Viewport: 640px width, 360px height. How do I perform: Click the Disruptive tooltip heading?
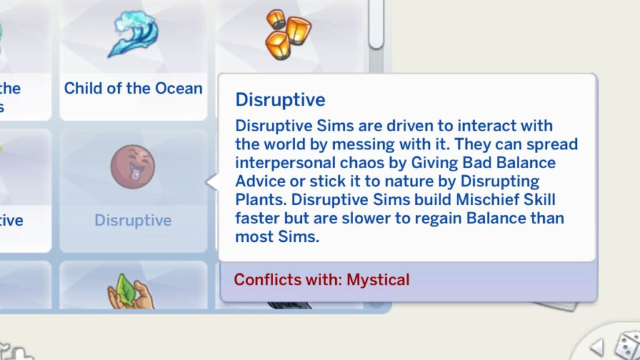280,100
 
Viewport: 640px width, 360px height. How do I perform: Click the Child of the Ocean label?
133,88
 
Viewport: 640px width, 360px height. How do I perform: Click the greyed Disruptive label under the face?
133,221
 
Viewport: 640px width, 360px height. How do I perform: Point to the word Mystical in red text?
378,279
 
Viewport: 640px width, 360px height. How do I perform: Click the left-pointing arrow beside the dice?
597,347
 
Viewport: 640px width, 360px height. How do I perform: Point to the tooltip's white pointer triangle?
212,182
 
